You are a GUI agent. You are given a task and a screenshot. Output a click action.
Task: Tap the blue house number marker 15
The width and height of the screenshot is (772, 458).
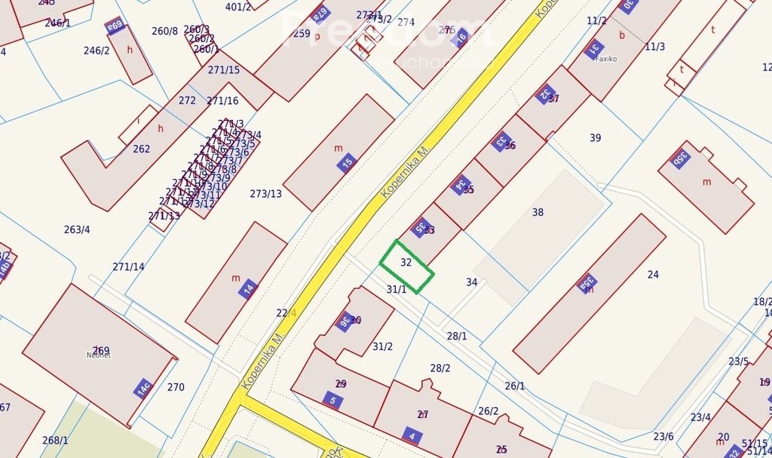347,162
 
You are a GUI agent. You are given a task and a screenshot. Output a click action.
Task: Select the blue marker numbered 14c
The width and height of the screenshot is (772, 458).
142,388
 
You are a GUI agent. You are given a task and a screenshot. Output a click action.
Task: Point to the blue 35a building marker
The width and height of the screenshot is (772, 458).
586,284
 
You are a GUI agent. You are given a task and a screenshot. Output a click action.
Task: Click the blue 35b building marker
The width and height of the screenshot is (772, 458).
680,158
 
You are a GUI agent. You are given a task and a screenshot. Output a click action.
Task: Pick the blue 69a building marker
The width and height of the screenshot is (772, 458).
115,26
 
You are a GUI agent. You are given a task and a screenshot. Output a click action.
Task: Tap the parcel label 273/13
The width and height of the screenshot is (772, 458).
265,194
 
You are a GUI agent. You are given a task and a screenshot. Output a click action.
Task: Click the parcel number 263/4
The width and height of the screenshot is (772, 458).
77,229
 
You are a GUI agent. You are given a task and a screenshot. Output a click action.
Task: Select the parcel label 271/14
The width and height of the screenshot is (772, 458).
128,266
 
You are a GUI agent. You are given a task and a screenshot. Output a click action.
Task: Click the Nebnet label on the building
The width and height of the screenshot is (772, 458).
99,355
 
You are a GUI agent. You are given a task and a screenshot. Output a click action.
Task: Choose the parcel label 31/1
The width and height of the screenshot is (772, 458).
397,289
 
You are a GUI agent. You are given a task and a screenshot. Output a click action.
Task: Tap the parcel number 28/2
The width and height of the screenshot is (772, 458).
440,368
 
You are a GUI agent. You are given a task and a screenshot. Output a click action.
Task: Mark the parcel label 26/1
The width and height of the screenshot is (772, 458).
515,386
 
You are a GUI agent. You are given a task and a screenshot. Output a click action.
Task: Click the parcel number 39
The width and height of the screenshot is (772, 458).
596,138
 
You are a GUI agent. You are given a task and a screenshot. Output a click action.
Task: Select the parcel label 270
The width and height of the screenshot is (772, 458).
176,388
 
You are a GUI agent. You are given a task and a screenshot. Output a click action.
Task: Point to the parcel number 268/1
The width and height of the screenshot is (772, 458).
55,441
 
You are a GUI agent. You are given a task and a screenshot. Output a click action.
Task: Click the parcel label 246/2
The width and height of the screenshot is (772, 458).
96,51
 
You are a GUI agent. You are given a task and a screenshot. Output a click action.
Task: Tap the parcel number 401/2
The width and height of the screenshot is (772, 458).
238,7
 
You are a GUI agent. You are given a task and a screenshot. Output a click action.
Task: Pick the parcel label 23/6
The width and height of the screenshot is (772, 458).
663,437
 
